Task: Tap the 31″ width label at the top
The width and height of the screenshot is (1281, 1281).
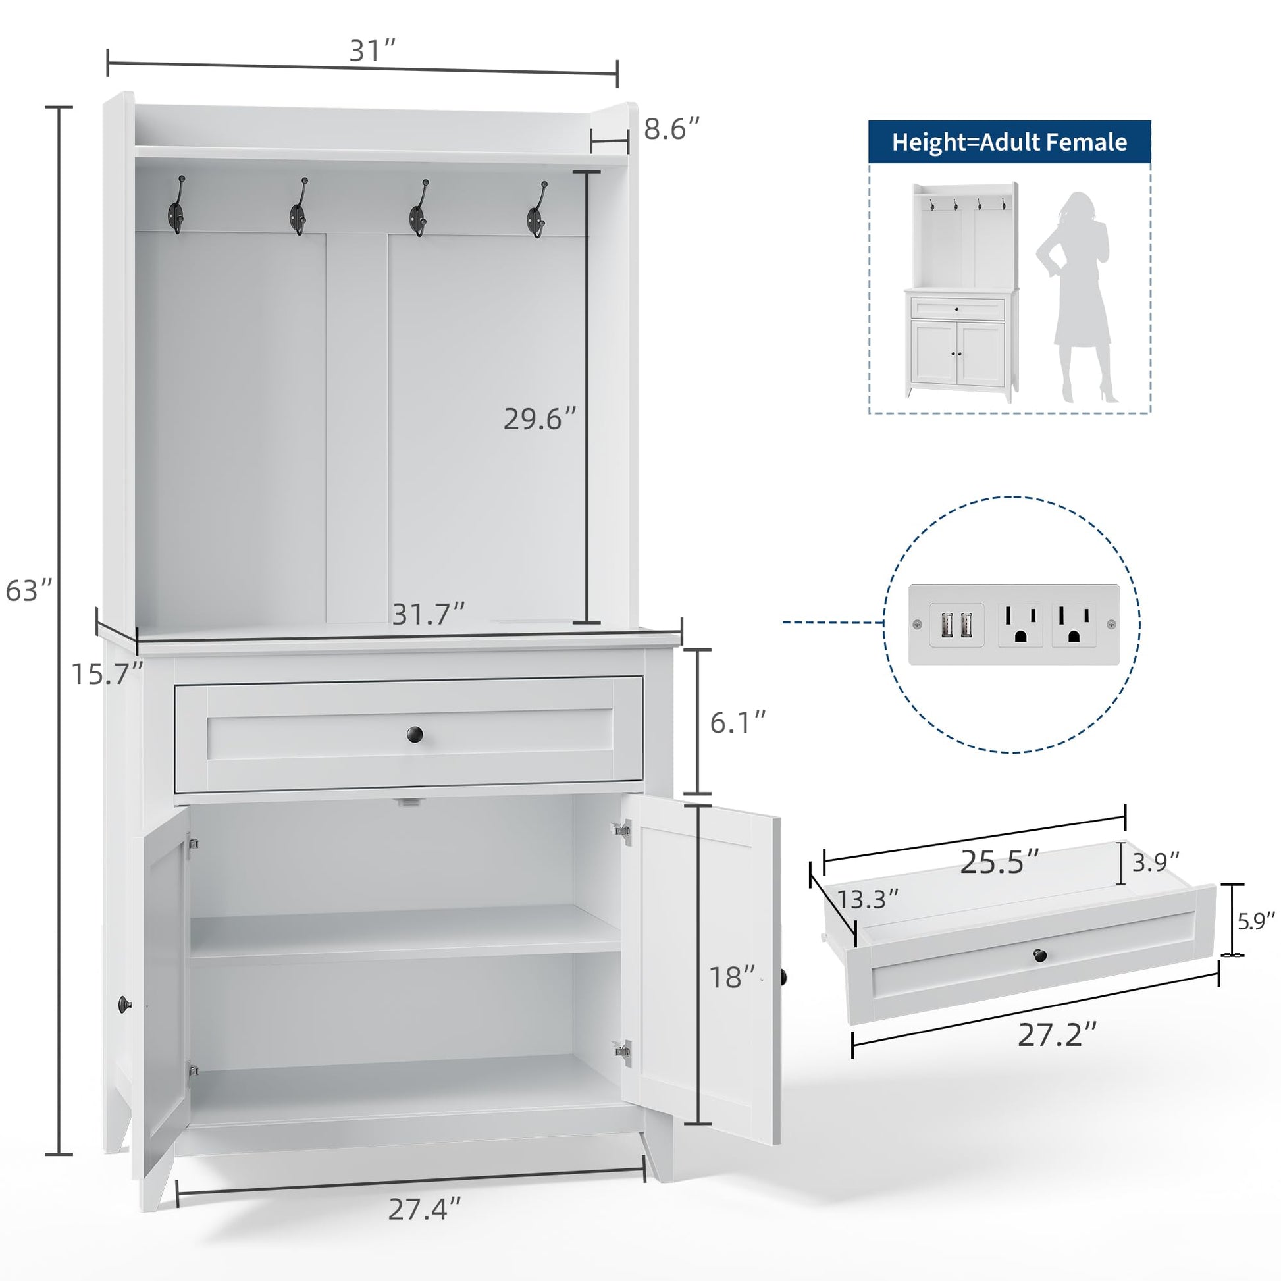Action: coord(373,51)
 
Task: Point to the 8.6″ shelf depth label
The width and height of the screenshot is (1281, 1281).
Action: coord(672,128)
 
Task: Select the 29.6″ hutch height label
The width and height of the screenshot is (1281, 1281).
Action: coord(540,419)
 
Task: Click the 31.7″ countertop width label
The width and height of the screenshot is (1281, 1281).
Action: coord(429,614)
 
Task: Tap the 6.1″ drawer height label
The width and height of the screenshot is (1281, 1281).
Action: coord(738,722)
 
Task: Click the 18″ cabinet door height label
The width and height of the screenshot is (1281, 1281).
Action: coord(733,978)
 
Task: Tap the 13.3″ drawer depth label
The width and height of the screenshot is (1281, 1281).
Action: coord(868,900)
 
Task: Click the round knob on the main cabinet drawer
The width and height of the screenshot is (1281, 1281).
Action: coord(415,735)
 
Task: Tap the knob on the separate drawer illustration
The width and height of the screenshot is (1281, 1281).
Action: coord(1039,955)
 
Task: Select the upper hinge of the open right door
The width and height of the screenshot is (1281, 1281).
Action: coord(621,829)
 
